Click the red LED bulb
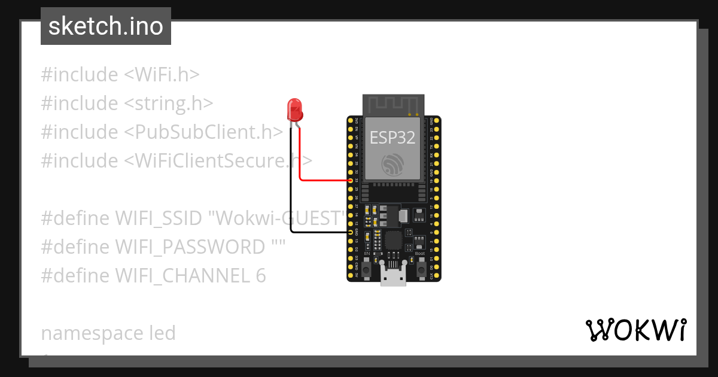(295, 110)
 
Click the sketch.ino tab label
(106, 26)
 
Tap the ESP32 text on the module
(393, 138)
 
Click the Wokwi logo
(635, 330)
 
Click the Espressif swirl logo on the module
(393, 164)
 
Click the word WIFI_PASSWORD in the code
(190, 247)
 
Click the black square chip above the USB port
(393, 240)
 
